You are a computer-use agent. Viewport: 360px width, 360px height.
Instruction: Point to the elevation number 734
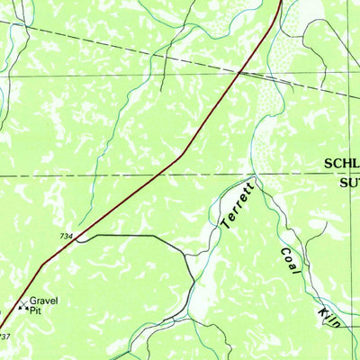tap(67, 236)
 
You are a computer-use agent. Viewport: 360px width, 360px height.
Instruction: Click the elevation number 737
tap(5, 337)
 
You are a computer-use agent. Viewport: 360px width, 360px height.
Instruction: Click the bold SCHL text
tap(341, 163)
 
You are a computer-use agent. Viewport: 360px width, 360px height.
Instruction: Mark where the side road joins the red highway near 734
tap(80, 239)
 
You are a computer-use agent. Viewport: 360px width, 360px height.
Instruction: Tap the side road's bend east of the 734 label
tap(158, 237)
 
